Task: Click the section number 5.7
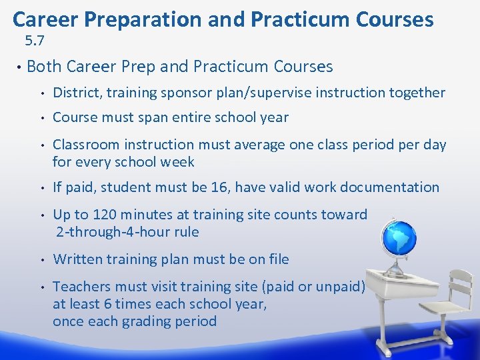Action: (x=35, y=41)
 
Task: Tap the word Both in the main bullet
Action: (x=45, y=67)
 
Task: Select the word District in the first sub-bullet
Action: (x=76, y=93)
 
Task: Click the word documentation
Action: (x=389, y=187)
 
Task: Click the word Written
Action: (x=77, y=259)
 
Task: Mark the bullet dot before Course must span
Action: (x=41, y=118)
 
